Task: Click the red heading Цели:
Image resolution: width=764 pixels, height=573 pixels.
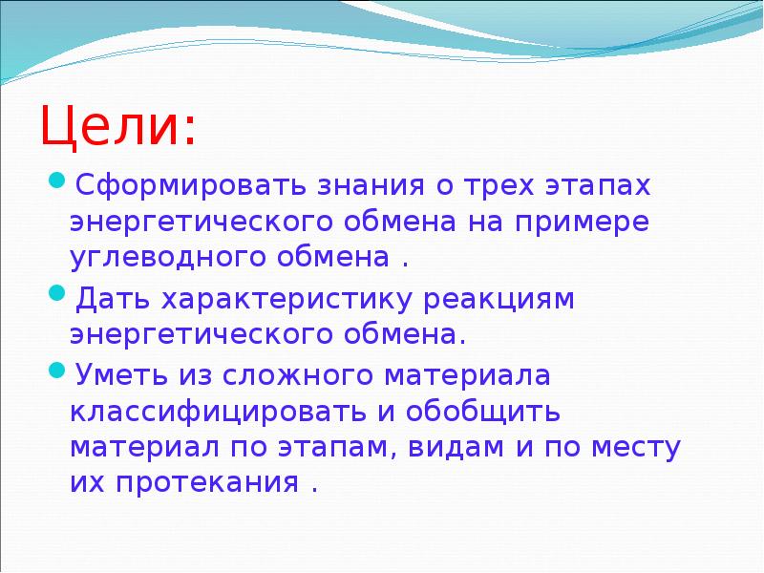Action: click(118, 126)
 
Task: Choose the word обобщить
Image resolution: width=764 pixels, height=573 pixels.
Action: click(489, 413)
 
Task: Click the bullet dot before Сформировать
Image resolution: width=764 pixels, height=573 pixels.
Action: click(56, 180)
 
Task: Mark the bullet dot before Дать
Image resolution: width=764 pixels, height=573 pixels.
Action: click(56, 294)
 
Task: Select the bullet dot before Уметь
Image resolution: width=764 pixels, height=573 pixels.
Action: click(56, 371)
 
